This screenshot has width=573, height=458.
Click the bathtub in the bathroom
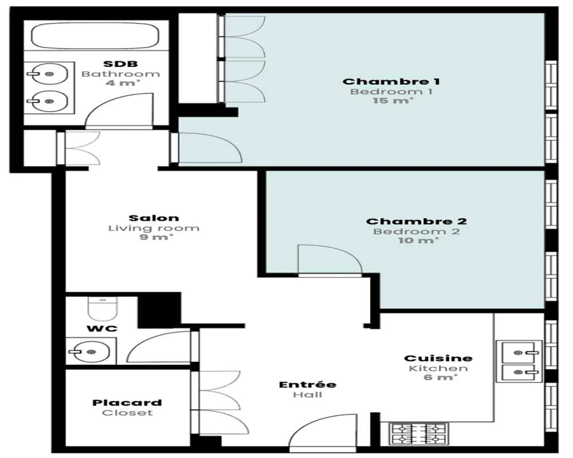pyautogui.click(x=95, y=35)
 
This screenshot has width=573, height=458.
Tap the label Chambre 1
pyautogui.click(x=391, y=81)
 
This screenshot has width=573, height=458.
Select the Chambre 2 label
pyautogui.click(x=416, y=221)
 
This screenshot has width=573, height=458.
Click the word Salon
pyautogui.click(x=154, y=218)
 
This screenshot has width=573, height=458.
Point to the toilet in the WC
pyautogui.click(x=102, y=309)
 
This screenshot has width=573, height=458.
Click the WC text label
pyautogui.click(x=102, y=329)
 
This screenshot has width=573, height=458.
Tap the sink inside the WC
pyautogui.click(x=90, y=352)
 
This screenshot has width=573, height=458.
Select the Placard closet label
pyautogui.click(x=127, y=403)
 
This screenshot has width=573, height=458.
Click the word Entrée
pyautogui.click(x=307, y=384)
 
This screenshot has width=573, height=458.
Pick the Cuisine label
pyautogui.click(x=438, y=358)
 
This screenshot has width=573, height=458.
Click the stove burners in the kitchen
pyautogui.click(x=418, y=434)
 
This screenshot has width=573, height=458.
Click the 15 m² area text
pyautogui.click(x=392, y=100)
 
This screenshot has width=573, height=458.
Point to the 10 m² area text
pyautogui.click(x=418, y=240)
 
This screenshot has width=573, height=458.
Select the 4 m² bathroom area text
pyautogui.click(x=122, y=83)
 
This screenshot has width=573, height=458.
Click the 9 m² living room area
pyautogui.click(x=156, y=237)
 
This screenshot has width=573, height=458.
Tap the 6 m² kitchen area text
pyautogui.click(x=440, y=377)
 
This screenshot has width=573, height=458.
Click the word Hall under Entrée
pyautogui.click(x=307, y=394)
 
